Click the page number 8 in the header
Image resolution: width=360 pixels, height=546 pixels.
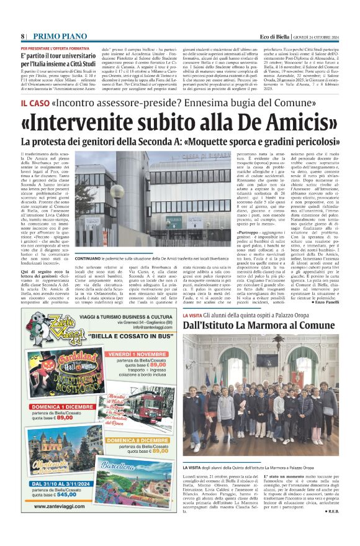click(x=22, y=36)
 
